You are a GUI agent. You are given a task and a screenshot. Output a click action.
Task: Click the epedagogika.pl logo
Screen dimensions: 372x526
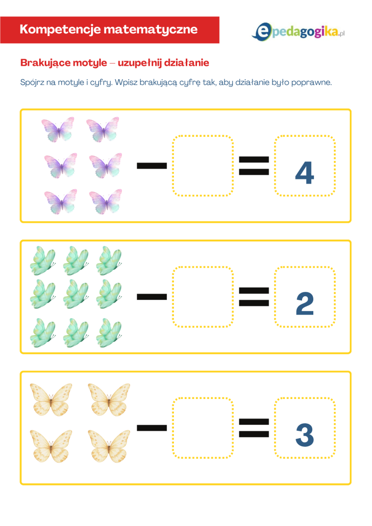298,32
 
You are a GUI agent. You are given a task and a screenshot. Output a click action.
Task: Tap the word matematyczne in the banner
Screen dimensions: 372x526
151,29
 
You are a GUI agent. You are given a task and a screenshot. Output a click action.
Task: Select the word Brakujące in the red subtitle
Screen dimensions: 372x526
63,63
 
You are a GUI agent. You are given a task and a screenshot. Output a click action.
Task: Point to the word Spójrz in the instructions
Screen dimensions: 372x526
32,82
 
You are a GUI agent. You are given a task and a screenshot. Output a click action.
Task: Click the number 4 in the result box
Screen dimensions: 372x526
305,173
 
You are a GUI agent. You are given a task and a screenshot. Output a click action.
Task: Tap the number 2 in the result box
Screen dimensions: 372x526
305,303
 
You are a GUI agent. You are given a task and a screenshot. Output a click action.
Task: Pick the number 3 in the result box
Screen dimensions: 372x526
305,435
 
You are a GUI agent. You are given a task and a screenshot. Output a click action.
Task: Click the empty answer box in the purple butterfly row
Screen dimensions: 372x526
203,166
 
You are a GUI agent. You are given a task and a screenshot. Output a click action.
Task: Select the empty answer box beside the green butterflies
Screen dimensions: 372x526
203,297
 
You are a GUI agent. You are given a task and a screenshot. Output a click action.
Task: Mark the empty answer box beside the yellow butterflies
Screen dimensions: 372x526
203,428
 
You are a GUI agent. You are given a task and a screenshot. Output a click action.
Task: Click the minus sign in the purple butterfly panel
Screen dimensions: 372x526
152,166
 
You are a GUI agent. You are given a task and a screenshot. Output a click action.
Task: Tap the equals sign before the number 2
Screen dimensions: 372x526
254,297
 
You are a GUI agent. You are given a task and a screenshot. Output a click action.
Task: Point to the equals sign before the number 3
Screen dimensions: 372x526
254,428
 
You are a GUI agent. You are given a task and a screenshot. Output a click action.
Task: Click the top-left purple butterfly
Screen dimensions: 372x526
58,130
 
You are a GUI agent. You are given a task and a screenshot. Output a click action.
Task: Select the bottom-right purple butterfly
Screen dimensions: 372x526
105,202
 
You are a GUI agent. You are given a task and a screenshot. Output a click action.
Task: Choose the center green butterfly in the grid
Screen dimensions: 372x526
76,294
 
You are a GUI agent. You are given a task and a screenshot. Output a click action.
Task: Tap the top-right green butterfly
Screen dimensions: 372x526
109,261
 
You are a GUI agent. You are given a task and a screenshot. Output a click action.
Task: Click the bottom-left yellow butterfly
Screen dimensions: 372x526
51,446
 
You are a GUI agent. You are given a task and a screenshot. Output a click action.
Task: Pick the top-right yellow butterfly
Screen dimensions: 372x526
109,400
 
